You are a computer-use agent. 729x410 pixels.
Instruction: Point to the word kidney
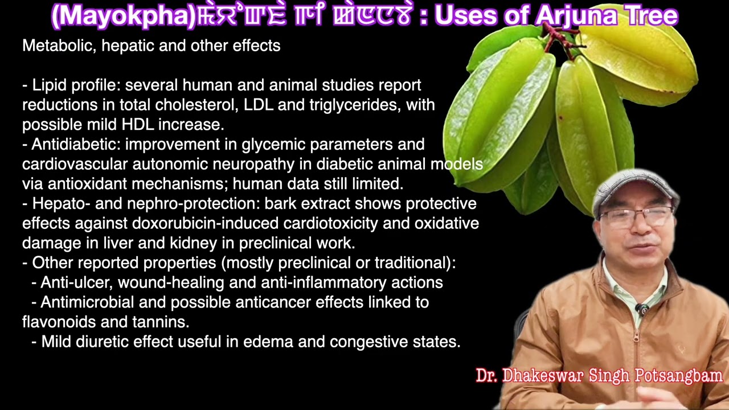coord(194,243)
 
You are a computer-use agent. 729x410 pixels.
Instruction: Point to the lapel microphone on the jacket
coord(643,310)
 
